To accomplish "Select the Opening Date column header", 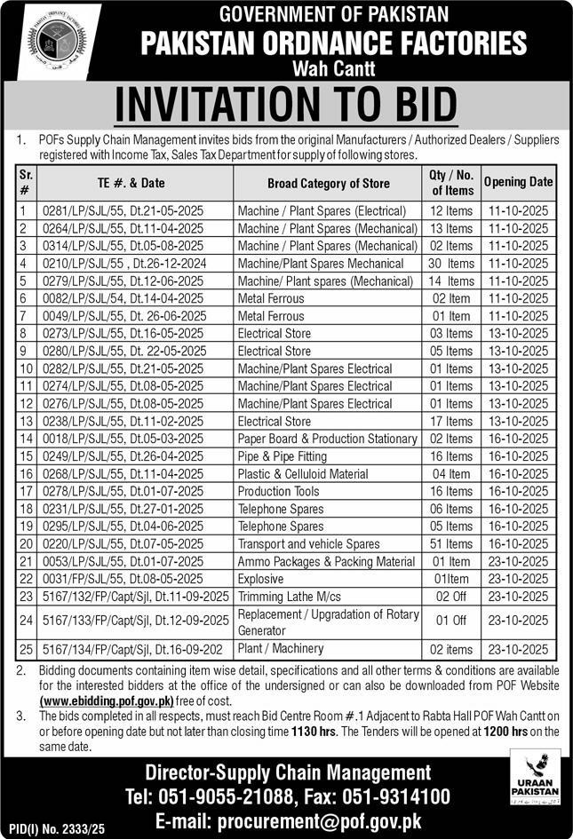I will [x=518, y=182].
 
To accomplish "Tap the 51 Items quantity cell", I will [x=449, y=543].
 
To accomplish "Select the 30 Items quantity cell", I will [x=449, y=264].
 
